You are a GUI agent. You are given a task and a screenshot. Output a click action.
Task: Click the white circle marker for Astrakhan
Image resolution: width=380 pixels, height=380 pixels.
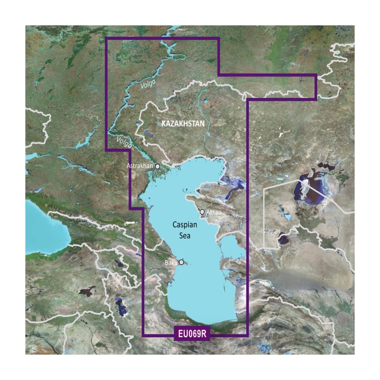[158, 167]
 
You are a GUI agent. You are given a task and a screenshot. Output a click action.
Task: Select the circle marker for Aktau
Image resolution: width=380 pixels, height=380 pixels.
[202, 212]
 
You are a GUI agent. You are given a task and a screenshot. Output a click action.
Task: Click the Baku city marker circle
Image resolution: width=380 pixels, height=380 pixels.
[181, 262]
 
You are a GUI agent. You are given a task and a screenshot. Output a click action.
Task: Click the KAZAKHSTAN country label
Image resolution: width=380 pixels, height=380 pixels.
[183, 124]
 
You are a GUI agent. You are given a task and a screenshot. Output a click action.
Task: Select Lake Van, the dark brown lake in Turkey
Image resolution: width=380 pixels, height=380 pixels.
[88, 291]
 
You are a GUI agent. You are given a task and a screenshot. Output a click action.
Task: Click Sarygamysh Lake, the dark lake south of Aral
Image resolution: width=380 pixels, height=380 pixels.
[284, 237]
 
